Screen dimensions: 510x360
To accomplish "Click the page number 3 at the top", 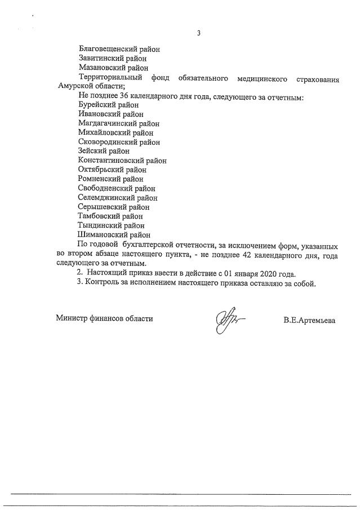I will (198, 33).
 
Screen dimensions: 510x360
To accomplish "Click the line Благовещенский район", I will (119, 48).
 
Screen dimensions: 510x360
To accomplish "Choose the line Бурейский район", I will (108, 104).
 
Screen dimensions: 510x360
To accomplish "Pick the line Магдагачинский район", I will (118, 123).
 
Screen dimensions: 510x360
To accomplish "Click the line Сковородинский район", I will (119, 141).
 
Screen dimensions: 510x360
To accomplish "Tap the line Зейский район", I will (104, 151).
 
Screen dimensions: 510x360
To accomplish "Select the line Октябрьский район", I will (113, 170).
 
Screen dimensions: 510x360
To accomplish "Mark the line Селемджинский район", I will (118, 198).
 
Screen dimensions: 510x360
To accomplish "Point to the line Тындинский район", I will (111, 225).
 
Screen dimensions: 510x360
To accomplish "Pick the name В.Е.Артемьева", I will (309, 320).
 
